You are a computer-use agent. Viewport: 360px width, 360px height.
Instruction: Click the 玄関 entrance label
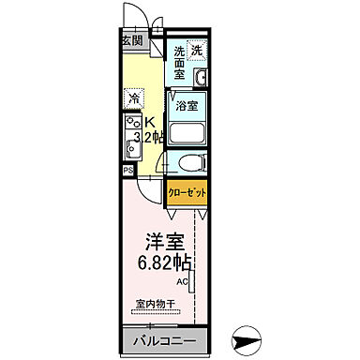[x=132, y=40]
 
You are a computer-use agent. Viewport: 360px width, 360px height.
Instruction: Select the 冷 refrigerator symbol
[x=134, y=97]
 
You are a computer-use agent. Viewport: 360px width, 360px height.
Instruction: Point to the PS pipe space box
[x=127, y=170]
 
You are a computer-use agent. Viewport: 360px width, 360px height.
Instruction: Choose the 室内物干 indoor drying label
[x=154, y=304]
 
